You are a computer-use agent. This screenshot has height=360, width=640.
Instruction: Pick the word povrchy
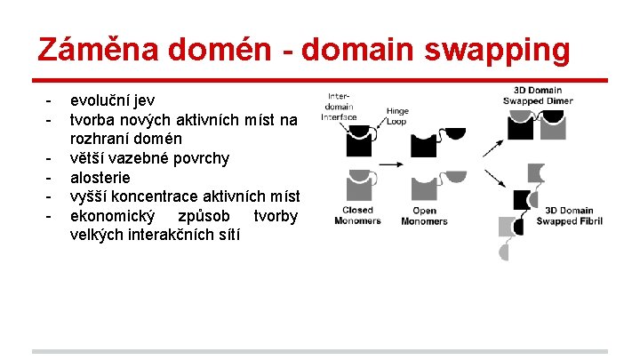coord(195,158)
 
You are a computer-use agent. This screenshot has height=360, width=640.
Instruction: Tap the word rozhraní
coord(103,139)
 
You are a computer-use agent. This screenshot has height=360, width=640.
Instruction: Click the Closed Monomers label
coord(356,216)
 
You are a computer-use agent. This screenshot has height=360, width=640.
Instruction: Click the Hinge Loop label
coord(397,116)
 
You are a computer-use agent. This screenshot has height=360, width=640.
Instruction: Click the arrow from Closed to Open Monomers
coord(393,164)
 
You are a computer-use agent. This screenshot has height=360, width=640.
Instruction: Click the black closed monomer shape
coord(360,142)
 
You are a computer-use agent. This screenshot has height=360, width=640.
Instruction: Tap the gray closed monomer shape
coord(360,186)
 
